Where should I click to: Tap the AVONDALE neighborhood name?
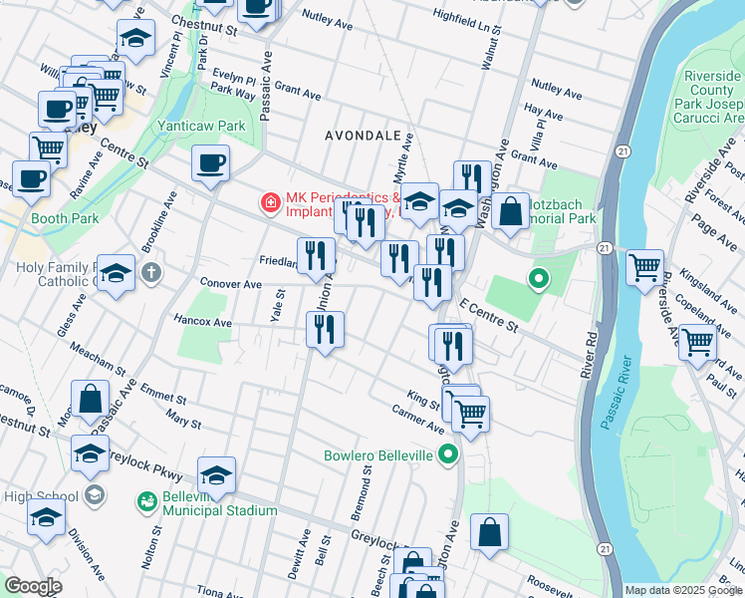tap(363, 135)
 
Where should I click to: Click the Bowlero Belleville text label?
tap(378, 456)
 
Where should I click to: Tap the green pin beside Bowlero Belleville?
tap(448, 456)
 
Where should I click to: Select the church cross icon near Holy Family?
tap(150, 272)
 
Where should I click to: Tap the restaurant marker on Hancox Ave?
tap(325, 330)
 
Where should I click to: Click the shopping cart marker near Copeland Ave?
tap(697, 342)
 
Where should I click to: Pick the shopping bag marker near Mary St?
tap(91, 399)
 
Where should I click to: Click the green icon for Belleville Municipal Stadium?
tap(147, 499)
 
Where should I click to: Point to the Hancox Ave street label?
tap(202, 323)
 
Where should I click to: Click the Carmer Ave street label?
tap(417, 419)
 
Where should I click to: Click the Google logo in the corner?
tap(33, 586)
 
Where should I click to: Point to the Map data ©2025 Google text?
tap(682, 590)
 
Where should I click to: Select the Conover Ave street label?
tap(230, 283)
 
